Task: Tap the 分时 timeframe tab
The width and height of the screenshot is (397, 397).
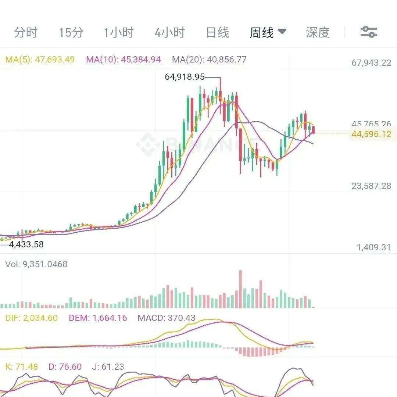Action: [26, 32]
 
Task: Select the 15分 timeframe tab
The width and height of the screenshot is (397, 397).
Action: [71, 32]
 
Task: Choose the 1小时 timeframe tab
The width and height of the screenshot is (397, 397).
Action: [119, 32]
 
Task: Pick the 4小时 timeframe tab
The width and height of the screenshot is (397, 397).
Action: [170, 32]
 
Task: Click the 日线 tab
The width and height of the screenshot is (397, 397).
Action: [218, 32]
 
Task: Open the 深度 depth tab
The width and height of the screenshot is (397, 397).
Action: [318, 32]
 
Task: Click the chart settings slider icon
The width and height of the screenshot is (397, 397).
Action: [369, 32]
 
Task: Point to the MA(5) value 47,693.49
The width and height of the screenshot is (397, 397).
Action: [55, 60]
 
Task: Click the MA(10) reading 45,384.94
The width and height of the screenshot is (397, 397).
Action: [141, 60]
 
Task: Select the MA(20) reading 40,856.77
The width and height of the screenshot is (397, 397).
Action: [226, 60]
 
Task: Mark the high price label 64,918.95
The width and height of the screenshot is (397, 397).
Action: [185, 76]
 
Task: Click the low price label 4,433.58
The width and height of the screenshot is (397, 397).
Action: [26, 244]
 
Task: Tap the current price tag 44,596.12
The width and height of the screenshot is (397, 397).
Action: [371, 134]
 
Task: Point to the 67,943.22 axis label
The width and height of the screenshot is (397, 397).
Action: [371, 62]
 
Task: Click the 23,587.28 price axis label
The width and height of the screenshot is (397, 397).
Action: [371, 186]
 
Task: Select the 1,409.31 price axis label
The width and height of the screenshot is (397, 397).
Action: [374, 247]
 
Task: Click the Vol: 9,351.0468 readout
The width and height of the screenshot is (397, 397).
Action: [36, 264]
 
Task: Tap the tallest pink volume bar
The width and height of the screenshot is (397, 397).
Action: [240, 289]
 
